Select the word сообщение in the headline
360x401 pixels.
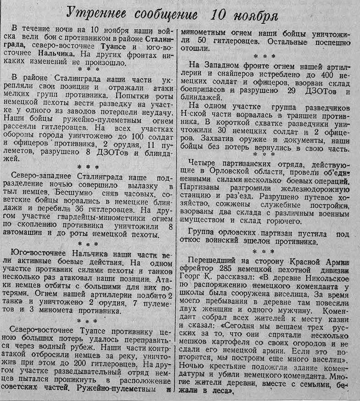pos(161,15)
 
